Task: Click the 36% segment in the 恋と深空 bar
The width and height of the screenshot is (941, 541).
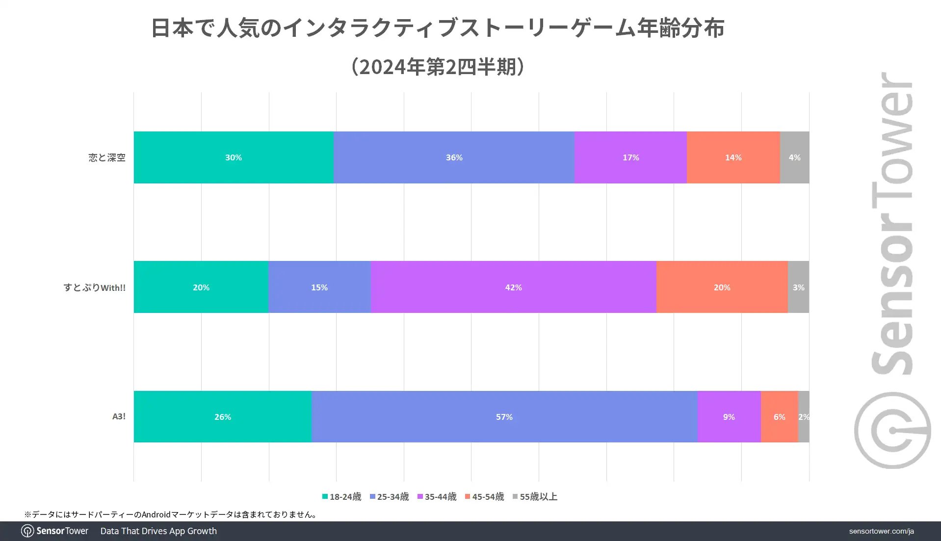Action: pos(454,157)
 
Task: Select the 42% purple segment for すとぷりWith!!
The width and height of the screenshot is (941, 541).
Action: pos(513,287)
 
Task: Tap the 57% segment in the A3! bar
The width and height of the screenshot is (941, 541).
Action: pos(504,416)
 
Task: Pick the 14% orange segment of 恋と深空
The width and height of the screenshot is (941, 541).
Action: pos(733,157)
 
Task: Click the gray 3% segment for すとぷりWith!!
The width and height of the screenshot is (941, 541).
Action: pos(798,287)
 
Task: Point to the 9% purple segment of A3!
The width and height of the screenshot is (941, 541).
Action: pos(729,416)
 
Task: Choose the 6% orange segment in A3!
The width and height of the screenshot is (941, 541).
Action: pos(779,416)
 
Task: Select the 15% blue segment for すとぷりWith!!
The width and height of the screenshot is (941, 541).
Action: pos(319,287)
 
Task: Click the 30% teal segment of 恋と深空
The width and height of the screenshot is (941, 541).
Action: pos(234,157)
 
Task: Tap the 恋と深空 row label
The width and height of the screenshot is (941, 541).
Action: pos(107,157)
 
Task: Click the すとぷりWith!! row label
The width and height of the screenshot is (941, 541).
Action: pos(94,287)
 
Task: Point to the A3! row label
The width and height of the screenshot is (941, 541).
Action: pos(119,416)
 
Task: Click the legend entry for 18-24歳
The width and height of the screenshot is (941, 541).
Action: pos(341,497)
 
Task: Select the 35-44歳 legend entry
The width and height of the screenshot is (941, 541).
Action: pos(437,497)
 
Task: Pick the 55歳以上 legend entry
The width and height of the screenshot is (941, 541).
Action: pos(535,497)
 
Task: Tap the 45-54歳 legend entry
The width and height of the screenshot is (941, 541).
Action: pos(484,497)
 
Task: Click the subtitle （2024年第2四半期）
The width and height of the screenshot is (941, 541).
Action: pos(438,67)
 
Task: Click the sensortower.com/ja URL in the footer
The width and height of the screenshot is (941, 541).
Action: pos(881,531)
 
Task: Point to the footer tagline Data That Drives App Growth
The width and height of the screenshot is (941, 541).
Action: pos(158,531)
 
